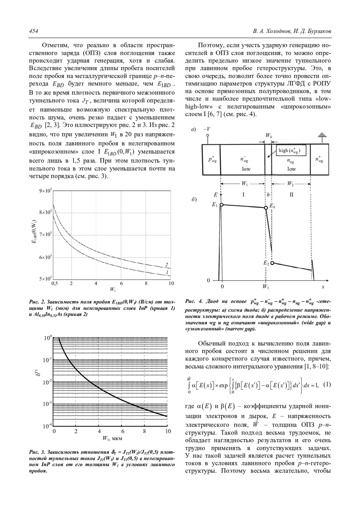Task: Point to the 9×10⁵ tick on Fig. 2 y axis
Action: click(x=45, y=191)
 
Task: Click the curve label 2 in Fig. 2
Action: click(x=166, y=264)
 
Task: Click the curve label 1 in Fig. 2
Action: click(x=166, y=272)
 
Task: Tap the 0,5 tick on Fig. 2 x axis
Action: click(x=55, y=283)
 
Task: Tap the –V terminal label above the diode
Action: click(x=207, y=129)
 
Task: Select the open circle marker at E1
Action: click(x=222, y=205)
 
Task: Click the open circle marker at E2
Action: click(x=272, y=263)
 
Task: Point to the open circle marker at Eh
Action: click(x=265, y=208)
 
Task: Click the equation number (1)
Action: click(x=327, y=384)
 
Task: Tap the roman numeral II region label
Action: click(x=291, y=195)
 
